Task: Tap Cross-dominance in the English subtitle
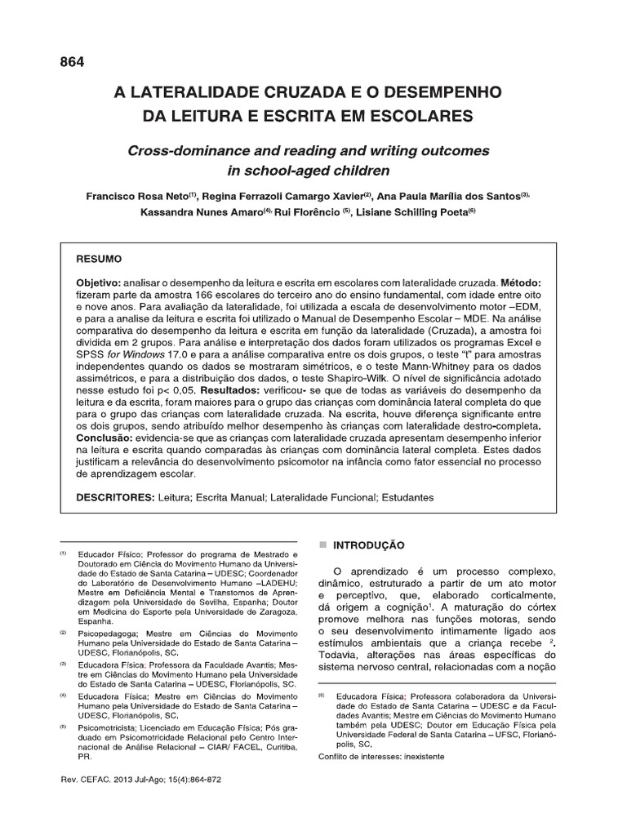point(173,151)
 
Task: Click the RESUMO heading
point(99,259)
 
